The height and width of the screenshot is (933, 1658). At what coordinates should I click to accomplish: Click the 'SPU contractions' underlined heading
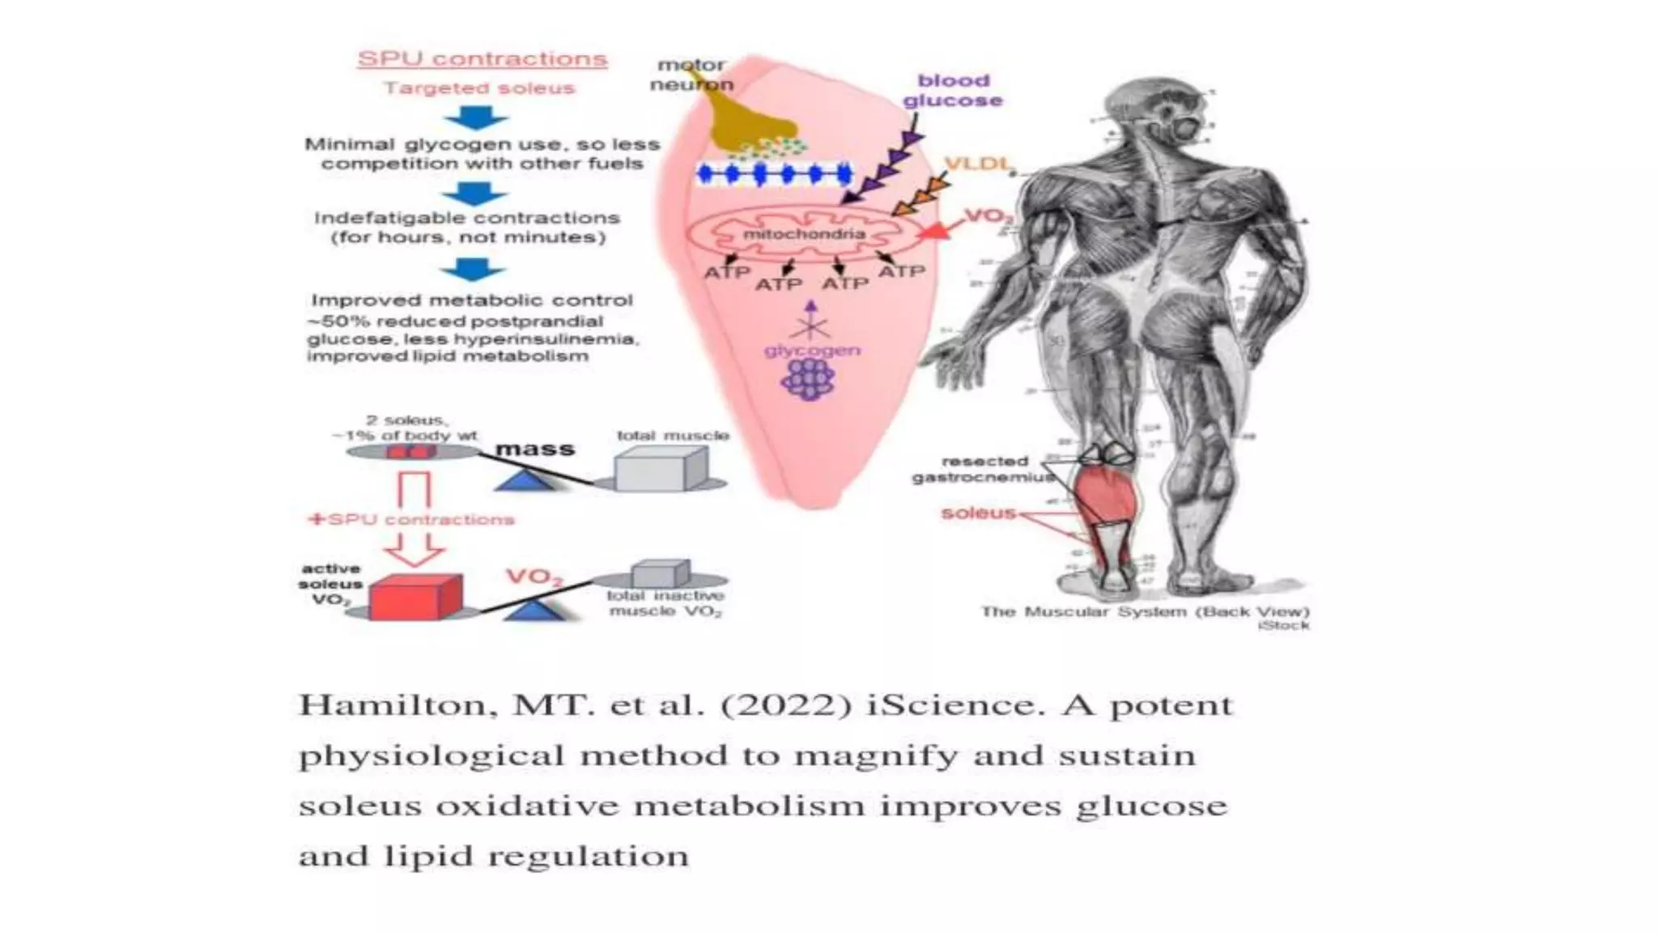point(483,59)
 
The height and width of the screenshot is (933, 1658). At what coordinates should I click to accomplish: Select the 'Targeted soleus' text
point(479,88)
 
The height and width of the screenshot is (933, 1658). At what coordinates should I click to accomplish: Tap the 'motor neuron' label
point(691,75)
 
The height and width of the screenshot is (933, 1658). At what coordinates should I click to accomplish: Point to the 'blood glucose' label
point(953,91)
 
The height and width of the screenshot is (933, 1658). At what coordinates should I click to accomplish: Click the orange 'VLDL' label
point(978,164)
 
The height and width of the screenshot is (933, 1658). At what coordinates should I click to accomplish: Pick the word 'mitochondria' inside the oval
point(804,234)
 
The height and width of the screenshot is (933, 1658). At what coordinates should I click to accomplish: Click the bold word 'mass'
point(534,449)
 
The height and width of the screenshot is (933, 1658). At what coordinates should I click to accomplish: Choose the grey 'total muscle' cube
point(660,469)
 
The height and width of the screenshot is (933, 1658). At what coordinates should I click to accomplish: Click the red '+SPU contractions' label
point(411,519)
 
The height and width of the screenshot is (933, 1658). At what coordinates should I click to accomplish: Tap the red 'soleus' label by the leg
point(978,513)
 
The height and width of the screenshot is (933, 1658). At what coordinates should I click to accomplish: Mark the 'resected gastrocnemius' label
point(984,469)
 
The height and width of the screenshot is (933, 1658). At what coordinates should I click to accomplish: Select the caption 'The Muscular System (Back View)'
point(1145,611)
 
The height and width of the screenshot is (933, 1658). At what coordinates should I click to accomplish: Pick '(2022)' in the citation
point(784,705)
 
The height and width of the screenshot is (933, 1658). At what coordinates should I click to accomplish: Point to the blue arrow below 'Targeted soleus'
point(476,117)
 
